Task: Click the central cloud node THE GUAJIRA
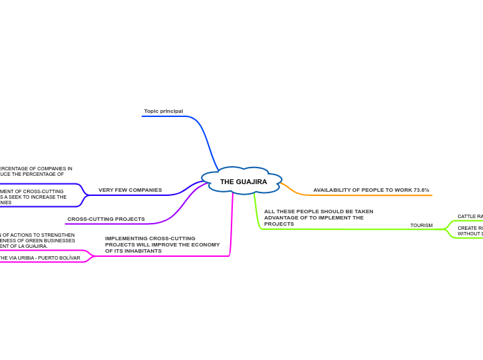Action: click(x=243, y=181)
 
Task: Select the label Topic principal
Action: click(x=164, y=111)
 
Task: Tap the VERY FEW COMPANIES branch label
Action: click(x=130, y=190)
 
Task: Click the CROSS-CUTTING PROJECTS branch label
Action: click(x=106, y=219)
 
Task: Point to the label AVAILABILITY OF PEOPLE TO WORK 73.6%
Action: click(x=371, y=190)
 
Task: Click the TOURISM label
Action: click(x=421, y=225)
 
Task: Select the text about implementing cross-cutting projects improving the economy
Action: click(x=162, y=244)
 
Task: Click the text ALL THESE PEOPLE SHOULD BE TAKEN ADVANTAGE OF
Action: click(x=318, y=217)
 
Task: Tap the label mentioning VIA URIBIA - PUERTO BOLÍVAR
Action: click(x=40, y=258)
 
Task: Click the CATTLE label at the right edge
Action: click(x=470, y=216)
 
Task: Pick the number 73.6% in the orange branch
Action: click(x=421, y=190)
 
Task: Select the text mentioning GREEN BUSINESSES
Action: click(x=37, y=240)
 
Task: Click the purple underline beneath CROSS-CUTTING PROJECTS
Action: click(x=111, y=224)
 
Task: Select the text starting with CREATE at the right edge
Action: click(x=470, y=231)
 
